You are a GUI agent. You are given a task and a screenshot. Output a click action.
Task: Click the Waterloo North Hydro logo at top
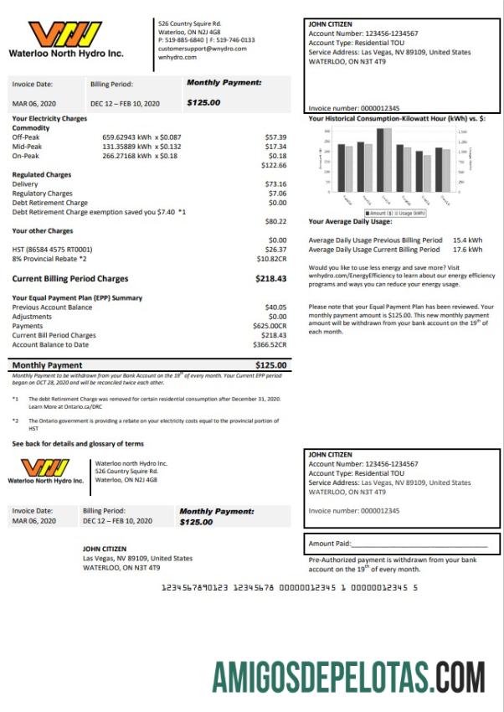pos(65,39)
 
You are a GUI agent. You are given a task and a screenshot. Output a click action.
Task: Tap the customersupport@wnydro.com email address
pos(202,49)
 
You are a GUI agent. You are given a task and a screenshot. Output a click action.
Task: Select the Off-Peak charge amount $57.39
pos(275,137)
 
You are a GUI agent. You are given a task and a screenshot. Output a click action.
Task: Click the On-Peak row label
pos(26,155)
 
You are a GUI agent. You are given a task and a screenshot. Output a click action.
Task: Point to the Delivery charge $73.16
pos(275,183)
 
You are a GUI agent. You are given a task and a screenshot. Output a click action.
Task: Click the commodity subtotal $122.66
pos(275,165)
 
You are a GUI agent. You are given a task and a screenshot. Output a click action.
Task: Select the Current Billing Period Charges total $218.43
pos(271,279)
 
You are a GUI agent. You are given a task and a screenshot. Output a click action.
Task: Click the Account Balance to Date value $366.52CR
pos(270,344)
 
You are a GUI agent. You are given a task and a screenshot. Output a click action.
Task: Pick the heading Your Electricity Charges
pos(49,119)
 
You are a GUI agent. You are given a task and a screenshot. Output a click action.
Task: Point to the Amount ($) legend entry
pos(378,213)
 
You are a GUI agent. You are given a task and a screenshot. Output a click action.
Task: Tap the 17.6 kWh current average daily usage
pos(467,250)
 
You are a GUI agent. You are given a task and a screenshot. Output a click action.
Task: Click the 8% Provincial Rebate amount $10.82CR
pos(271,259)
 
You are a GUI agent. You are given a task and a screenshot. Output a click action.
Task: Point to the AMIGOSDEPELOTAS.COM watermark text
pos(348,676)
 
